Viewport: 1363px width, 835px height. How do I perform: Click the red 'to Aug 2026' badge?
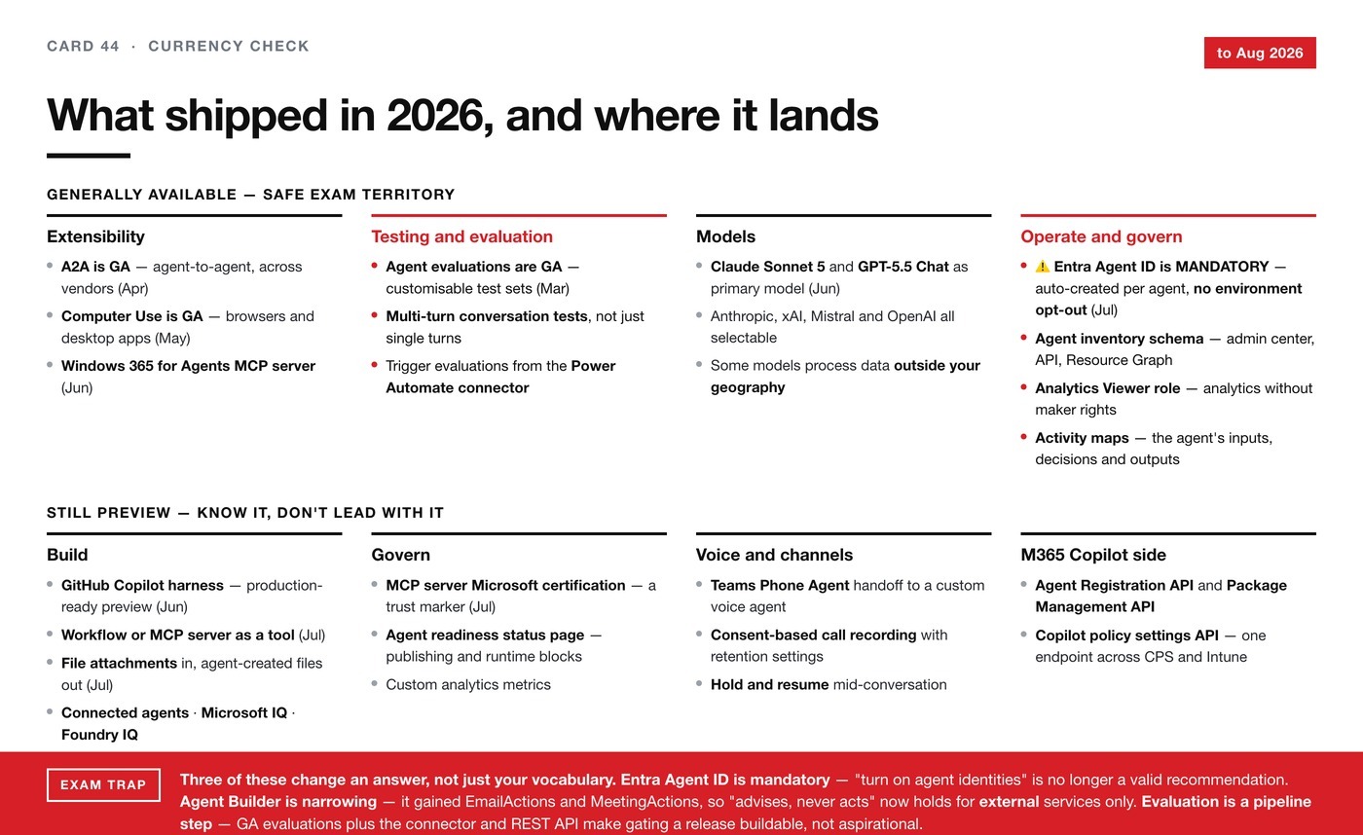pyautogui.click(x=1260, y=53)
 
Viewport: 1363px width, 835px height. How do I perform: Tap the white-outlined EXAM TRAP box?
pyautogui.click(x=103, y=784)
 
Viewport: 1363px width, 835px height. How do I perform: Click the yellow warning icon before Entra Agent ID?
pyautogui.click(x=1043, y=267)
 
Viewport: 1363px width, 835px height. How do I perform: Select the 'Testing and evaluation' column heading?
pyautogui.click(x=461, y=236)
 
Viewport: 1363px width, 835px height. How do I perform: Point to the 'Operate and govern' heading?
pyautogui.click(x=1101, y=236)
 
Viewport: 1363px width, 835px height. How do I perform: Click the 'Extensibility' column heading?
pyautogui.click(x=95, y=236)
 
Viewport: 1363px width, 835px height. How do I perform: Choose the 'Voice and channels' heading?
pyautogui.click(x=774, y=555)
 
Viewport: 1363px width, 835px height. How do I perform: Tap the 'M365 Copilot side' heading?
pyautogui.click(x=1093, y=555)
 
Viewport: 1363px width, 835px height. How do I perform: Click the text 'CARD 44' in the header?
pyautogui.click(x=83, y=46)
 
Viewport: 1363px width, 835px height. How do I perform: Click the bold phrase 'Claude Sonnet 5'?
pyautogui.click(x=768, y=267)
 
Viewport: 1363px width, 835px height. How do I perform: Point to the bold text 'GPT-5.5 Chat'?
pyautogui.click(x=903, y=267)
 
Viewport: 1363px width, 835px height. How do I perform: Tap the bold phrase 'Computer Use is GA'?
pyautogui.click(x=132, y=316)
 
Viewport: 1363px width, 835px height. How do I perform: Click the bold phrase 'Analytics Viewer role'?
pyautogui.click(x=1108, y=388)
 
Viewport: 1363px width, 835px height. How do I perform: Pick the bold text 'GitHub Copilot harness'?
pyautogui.click(x=142, y=585)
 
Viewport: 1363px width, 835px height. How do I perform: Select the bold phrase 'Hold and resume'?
pyautogui.click(x=769, y=684)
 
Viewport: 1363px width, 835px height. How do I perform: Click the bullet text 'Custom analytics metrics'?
pyautogui.click(x=468, y=684)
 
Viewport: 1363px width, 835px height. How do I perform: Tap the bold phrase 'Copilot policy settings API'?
pyautogui.click(x=1127, y=635)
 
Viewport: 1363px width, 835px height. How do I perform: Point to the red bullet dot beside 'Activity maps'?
pyautogui.click(x=1024, y=437)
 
